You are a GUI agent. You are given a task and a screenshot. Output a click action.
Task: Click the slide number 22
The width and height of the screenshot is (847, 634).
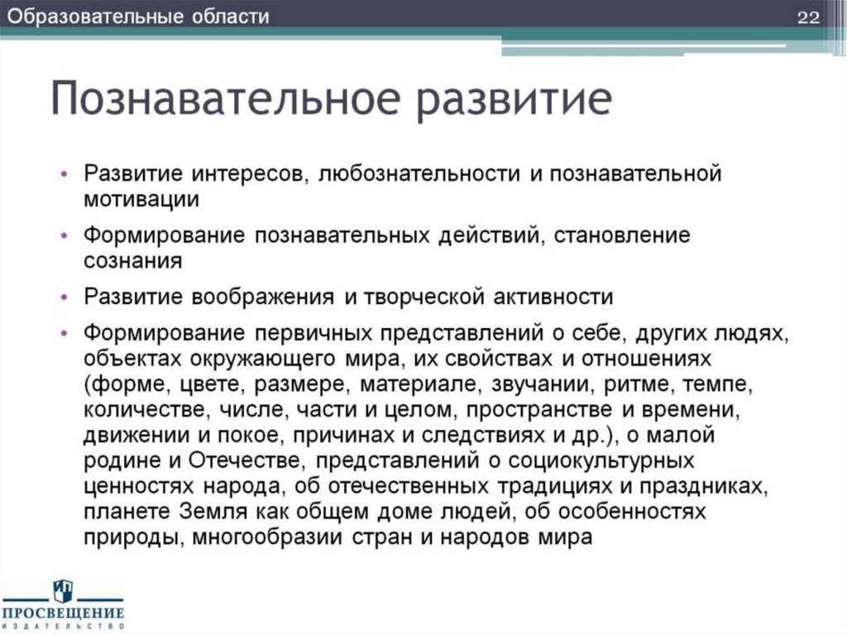807,19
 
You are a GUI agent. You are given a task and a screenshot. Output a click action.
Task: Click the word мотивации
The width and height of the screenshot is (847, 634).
140,199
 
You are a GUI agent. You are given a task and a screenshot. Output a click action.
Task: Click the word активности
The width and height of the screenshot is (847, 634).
553,297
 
